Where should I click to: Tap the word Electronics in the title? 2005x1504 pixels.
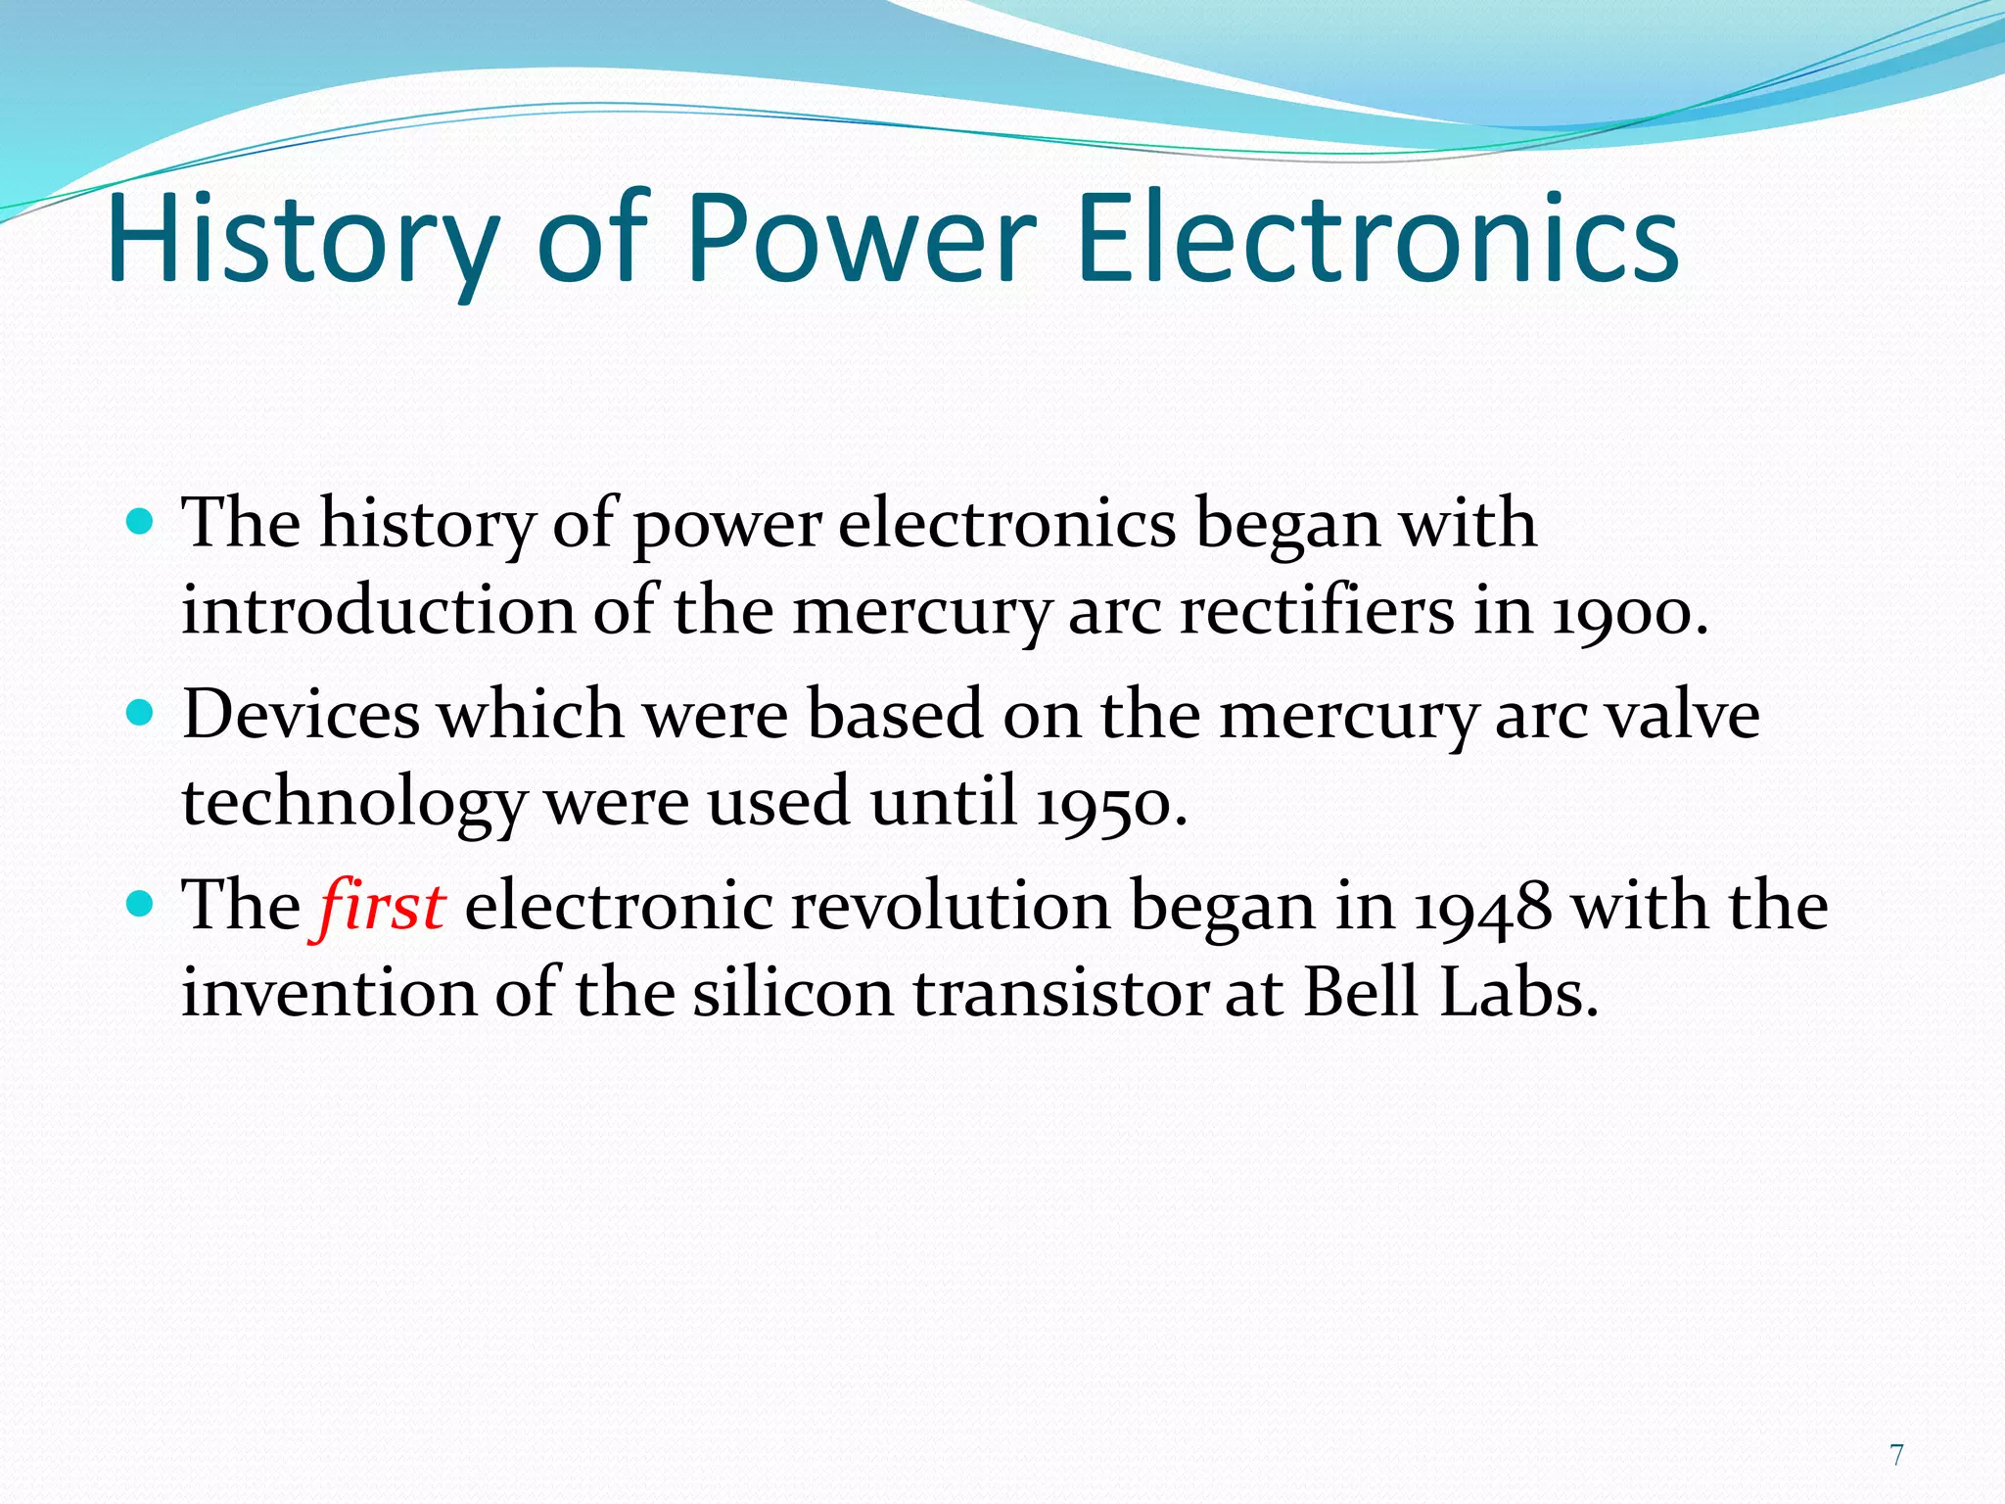coord(1376,240)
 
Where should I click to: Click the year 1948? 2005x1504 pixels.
coord(1482,906)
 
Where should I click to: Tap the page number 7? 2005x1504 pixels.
coord(1896,1455)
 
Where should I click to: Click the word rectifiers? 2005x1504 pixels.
coord(1317,612)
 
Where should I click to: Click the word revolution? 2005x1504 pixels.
coord(950,906)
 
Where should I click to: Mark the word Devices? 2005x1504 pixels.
coord(301,715)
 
